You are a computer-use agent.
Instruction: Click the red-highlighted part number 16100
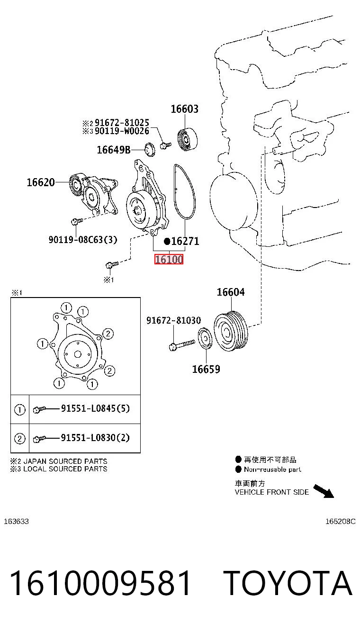pyautogui.click(x=169, y=259)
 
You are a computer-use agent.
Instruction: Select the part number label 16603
pyautogui.click(x=185, y=109)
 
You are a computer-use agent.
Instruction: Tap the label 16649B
pyautogui.click(x=113, y=150)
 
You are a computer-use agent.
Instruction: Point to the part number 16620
pyautogui.click(x=41, y=182)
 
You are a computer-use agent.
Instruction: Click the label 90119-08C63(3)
pyautogui.click(x=83, y=240)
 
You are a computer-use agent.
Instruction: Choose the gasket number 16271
pyautogui.click(x=185, y=241)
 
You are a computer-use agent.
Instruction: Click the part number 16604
pyautogui.click(x=231, y=292)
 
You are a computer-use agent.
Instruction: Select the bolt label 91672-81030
pyautogui.click(x=173, y=321)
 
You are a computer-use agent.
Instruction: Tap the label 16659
pyautogui.click(x=206, y=370)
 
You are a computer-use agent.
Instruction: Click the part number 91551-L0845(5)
pyautogui.click(x=95, y=408)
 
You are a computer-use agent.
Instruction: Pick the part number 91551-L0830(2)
pyautogui.click(x=95, y=438)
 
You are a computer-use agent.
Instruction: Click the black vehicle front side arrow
pyautogui.click(x=324, y=491)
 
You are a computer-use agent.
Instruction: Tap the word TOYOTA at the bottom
pyautogui.click(x=288, y=584)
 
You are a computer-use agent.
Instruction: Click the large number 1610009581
pyautogui.click(x=100, y=583)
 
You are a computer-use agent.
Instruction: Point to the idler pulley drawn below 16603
pyautogui.click(x=187, y=139)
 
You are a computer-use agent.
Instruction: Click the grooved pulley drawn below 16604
pyautogui.click(x=231, y=331)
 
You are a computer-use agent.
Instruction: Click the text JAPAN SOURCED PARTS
pyautogui.click(x=65, y=461)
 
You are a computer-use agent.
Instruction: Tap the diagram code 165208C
pyautogui.click(x=340, y=522)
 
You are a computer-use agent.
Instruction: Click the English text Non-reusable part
pyautogui.click(x=272, y=469)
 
